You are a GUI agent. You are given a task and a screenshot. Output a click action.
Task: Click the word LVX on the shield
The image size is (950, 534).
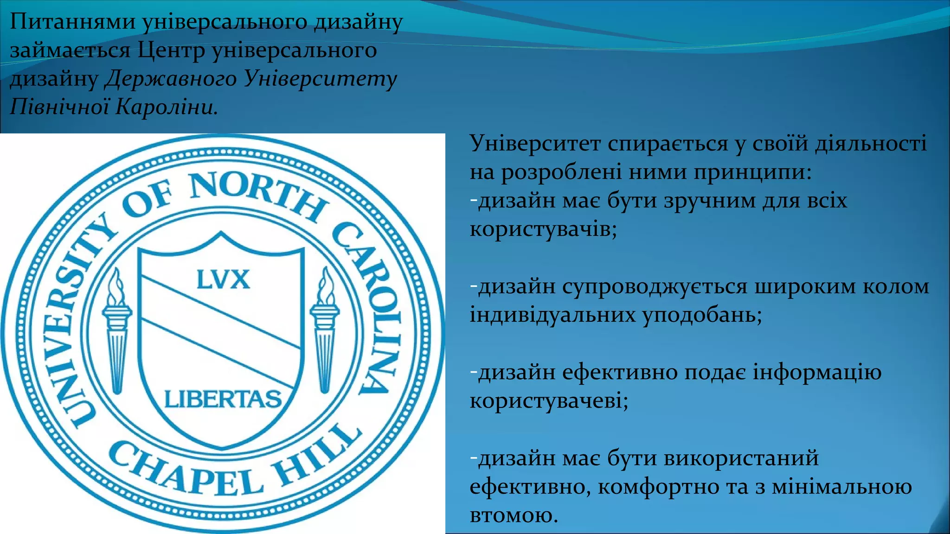(x=223, y=280)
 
